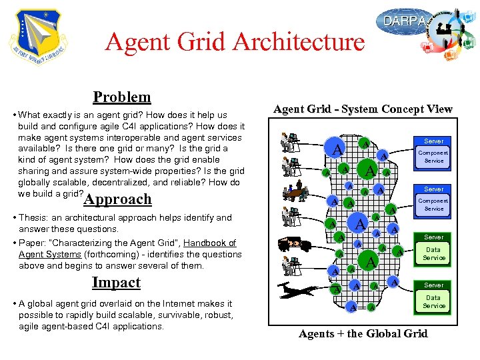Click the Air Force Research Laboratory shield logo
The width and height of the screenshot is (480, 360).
(39, 37)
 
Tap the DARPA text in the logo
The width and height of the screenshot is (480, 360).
(402, 21)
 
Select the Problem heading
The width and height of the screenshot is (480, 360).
(122, 97)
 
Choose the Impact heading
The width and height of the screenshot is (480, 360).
(116, 282)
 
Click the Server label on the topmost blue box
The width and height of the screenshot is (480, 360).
(433, 141)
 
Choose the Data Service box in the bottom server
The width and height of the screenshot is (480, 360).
(433, 302)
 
